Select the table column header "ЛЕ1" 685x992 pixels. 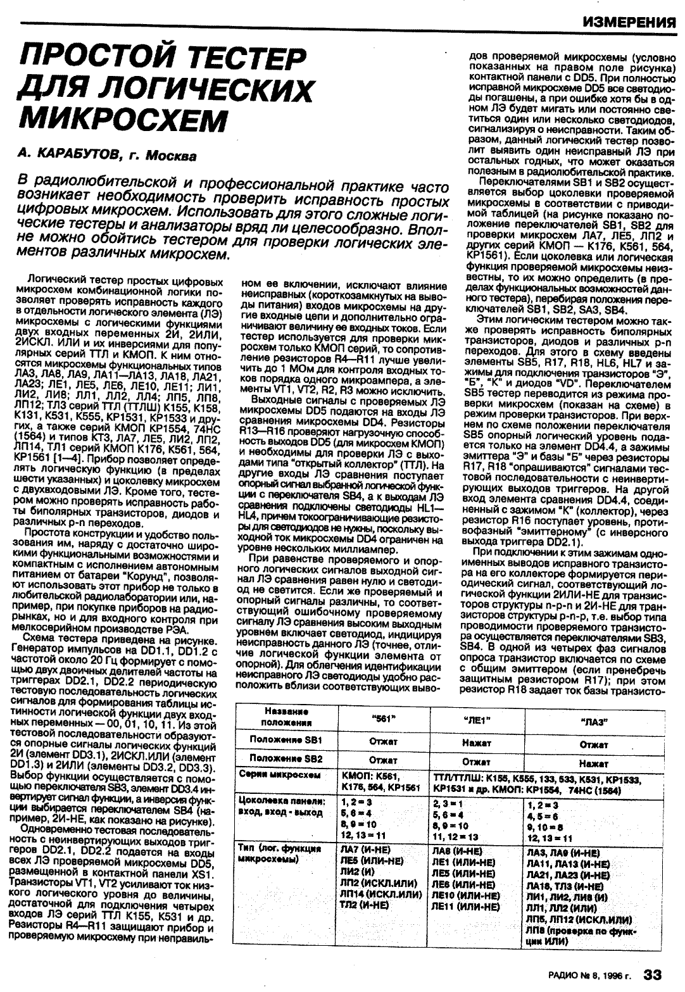pos(478,719)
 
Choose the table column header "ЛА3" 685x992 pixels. pos(594,719)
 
